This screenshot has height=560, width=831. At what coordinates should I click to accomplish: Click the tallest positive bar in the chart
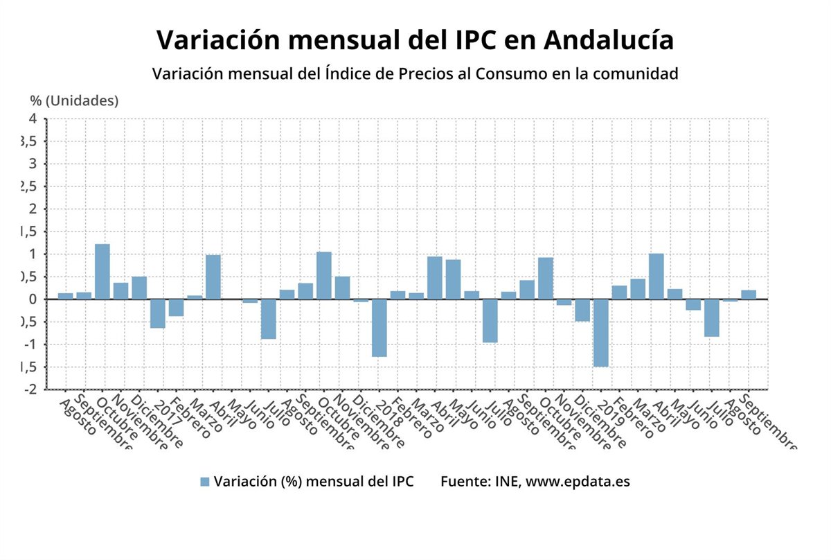[102, 271]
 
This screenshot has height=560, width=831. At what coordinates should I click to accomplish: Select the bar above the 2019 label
[601, 333]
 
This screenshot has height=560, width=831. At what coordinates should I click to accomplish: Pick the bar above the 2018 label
[379, 328]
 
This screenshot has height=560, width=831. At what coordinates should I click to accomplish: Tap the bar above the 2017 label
[158, 313]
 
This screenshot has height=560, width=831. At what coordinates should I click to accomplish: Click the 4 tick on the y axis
[33, 119]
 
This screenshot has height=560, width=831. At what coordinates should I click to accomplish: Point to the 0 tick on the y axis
[33, 299]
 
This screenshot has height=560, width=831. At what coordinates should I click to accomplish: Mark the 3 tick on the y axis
[33, 164]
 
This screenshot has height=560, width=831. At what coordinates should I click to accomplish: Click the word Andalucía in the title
[609, 40]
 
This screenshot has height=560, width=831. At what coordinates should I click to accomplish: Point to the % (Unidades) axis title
[74, 100]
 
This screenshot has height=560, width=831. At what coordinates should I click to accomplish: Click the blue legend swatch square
[204, 482]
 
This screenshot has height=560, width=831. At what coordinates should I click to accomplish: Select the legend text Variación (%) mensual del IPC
[314, 482]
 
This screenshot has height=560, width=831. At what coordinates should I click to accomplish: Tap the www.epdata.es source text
[578, 482]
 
